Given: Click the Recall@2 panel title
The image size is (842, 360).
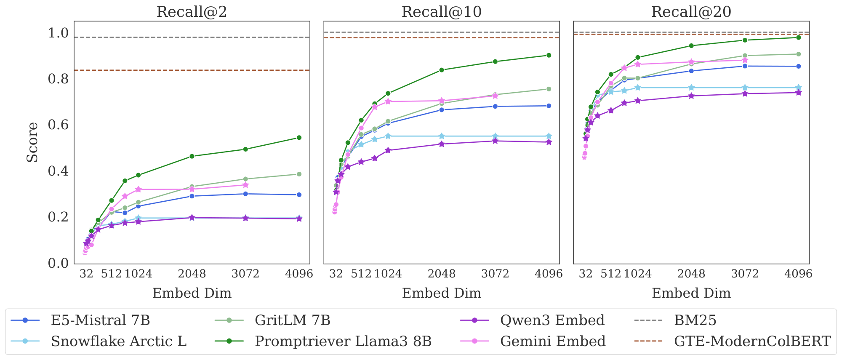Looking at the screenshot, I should (x=192, y=12).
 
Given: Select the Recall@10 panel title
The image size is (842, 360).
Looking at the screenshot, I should (x=441, y=12).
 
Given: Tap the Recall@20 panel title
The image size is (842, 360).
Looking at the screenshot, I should (x=691, y=12).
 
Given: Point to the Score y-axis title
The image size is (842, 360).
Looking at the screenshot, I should (x=32, y=142).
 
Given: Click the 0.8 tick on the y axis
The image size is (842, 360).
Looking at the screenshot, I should (x=58, y=79).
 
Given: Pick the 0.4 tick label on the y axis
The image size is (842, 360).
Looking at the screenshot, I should (x=58, y=171).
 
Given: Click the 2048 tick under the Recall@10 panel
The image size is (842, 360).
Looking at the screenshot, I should (x=442, y=274).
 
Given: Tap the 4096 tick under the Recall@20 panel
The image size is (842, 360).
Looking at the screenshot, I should (x=798, y=274).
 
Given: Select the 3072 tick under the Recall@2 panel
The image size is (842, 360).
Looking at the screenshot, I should (x=245, y=274).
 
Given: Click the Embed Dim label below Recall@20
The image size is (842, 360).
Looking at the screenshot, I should (x=691, y=293).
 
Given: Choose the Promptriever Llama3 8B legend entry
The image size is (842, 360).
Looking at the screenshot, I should (x=343, y=341).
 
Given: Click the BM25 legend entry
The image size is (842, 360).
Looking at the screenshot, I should (x=695, y=320).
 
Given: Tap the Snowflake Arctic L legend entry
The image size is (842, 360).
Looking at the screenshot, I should (x=118, y=341).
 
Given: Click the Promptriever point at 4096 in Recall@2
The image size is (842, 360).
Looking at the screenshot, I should (x=299, y=138).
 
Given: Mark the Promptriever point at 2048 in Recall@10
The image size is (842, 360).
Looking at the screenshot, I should (x=442, y=70).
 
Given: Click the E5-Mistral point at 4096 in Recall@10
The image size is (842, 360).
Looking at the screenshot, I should (x=549, y=106).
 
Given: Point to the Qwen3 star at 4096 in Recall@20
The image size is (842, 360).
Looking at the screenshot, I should (x=798, y=93).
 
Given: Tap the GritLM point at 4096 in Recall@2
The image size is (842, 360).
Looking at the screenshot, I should (x=299, y=174).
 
